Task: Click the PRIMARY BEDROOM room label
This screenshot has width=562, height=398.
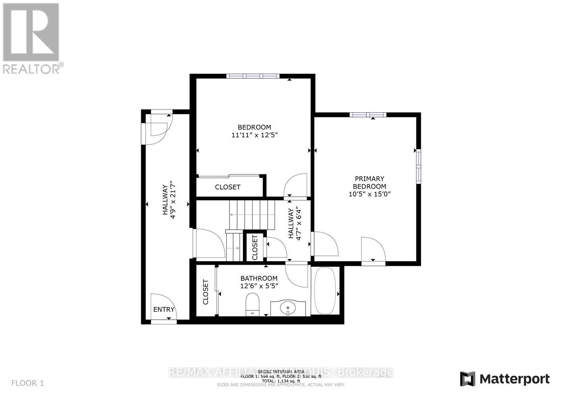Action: pyautogui.click(x=369, y=182)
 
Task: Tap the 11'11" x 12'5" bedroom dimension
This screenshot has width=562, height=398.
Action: pyautogui.click(x=254, y=135)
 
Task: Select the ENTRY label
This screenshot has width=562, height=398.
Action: pyautogui.click(x=164, y=310)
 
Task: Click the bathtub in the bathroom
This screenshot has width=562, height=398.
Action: pyautogui.click(x=325, y=291)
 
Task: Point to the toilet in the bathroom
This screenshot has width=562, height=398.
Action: pyautogui.click(x=253, y=304)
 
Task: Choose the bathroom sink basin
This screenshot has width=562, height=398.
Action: pyautogui.click(x=288, y=308)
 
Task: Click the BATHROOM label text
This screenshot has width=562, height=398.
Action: pyautogui.click(x=259, y=278)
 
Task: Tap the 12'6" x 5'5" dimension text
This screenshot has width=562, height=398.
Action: pyautogui.click(x=259, y=286)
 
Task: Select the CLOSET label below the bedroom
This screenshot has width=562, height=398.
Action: pyautogui.click(x=228, y=187)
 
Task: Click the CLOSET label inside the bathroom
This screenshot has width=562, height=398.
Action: pyautogui.click(x=206, y=292)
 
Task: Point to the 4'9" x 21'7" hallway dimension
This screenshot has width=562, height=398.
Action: pyautogui.click(x=172, y=199)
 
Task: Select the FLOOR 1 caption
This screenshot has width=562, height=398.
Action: pyautogui.click(x=27, y=383)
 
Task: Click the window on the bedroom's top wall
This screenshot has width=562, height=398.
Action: pyautogui.click(x=253, y=76)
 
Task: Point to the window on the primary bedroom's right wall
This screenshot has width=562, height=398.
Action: pyautogui.click(x=418, y=166)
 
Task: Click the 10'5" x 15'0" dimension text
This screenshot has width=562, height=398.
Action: pyautogui.click(x=369, y=194)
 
